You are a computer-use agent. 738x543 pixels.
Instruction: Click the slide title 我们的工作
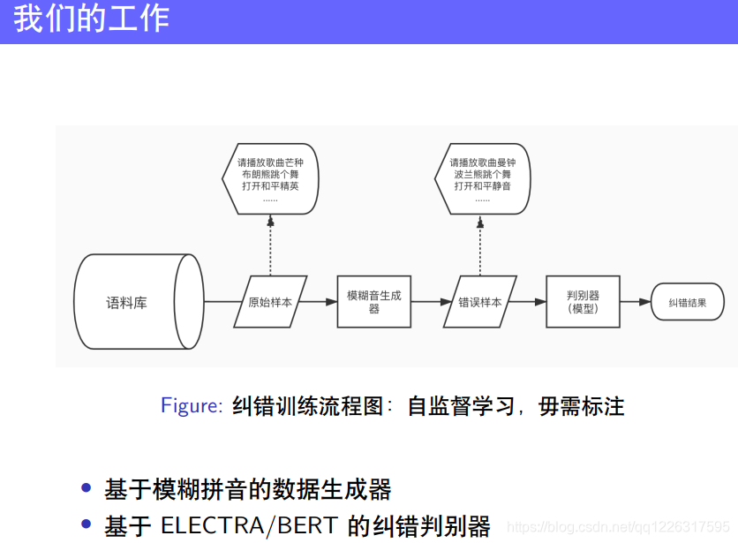click(x=92, y=19)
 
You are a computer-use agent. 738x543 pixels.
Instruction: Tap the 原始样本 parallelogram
click(x=270, y=302)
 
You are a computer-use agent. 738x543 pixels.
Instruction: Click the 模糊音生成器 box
click(x=373, y=302)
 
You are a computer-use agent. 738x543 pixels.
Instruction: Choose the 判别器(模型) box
click(x=583, y=302)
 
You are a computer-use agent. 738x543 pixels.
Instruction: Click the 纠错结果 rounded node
click(x=687, y=302)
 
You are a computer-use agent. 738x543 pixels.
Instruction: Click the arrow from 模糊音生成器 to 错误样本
click(x=433, y=302)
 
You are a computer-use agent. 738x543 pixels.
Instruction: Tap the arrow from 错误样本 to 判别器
click(x=528, y=302)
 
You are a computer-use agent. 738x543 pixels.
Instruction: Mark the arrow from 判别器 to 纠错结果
click(x=635, y=302)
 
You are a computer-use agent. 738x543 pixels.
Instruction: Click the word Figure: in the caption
click(x=192, y=406)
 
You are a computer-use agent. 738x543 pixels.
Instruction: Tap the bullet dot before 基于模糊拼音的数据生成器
click(x=86, y=488)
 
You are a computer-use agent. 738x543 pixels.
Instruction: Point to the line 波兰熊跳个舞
click(x=482, y=175)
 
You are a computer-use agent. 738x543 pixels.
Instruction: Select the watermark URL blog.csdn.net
click(x=619, y=526)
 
